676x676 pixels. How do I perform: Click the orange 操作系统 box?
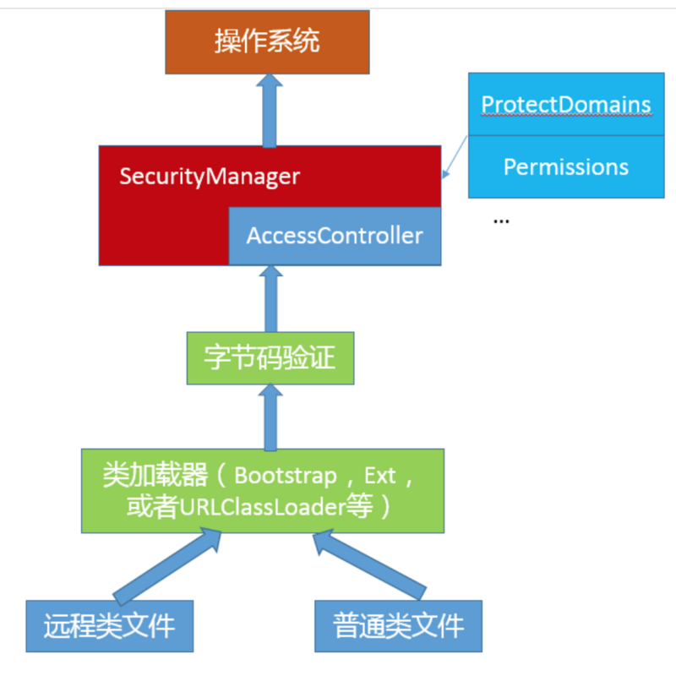point(267,41)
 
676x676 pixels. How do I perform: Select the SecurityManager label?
point(210,177)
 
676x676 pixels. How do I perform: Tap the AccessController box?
point(335,235)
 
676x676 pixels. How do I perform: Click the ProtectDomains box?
point(566,104)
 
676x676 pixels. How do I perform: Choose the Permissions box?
point(566,166)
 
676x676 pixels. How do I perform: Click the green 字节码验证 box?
point(270,358)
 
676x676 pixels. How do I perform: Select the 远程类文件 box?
point(110,626)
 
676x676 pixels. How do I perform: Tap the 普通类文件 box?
point(399,626)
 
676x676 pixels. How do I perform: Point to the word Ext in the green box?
point(380,476)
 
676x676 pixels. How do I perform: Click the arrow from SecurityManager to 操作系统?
point(270,110)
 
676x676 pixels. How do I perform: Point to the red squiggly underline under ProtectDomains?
point(566,116)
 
